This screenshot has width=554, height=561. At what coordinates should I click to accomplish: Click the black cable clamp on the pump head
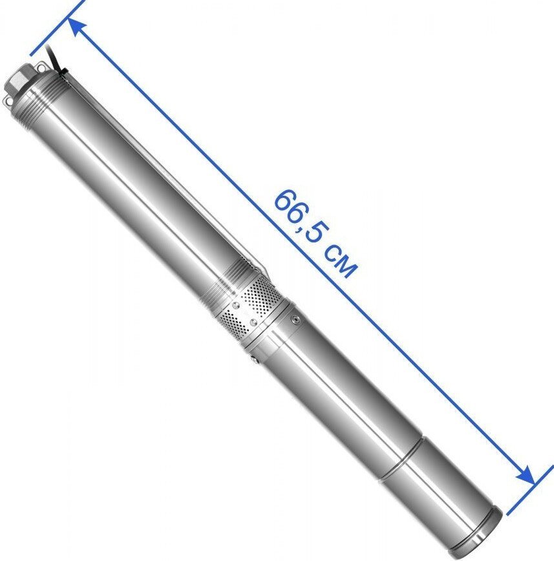(65, 72)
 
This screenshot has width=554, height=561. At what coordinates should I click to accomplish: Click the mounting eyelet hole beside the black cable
(40, 67)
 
